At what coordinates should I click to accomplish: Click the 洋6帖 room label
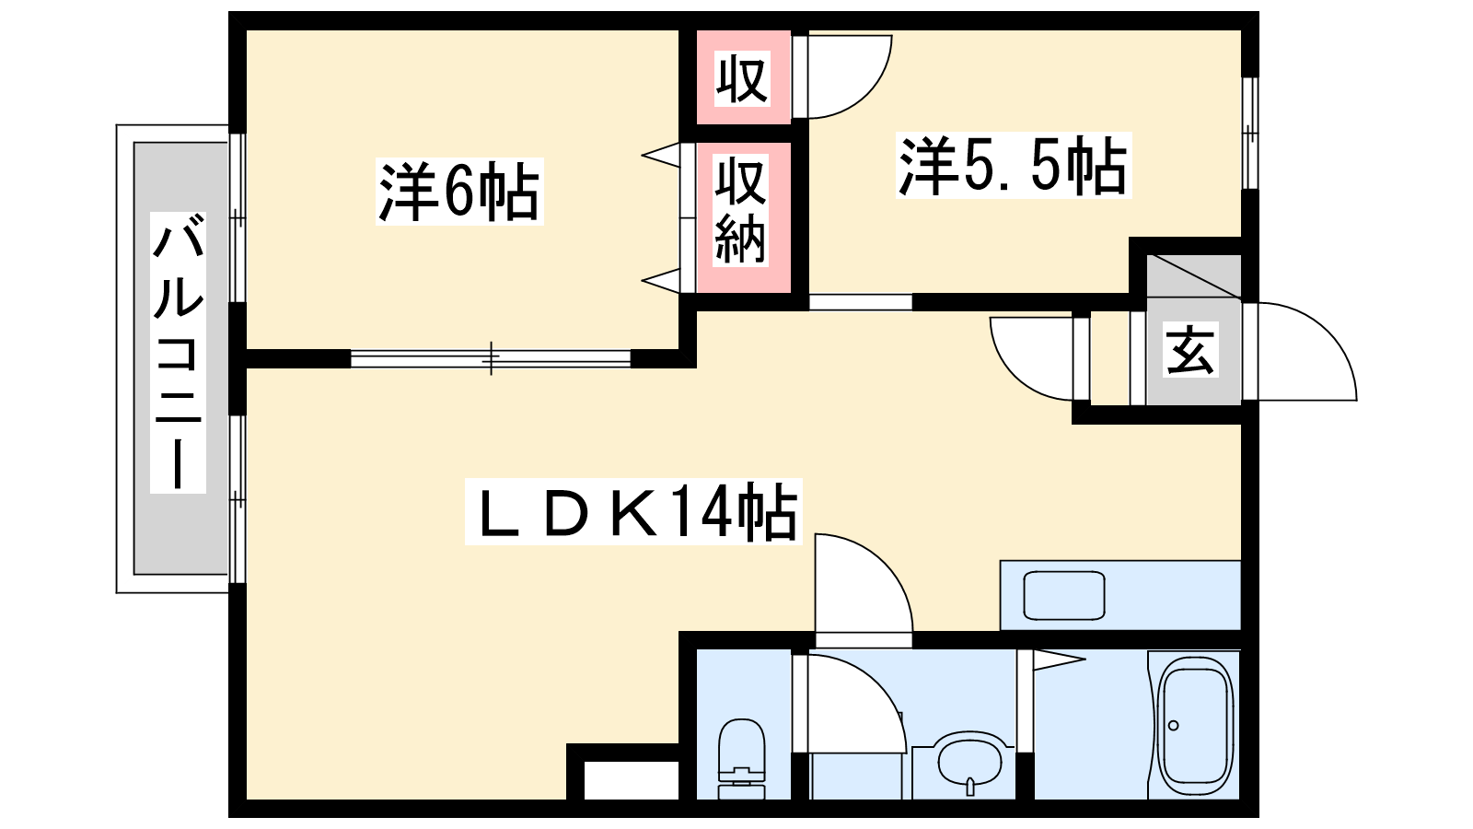click(459, 192)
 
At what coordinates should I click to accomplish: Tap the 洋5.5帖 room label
click(1013, 165)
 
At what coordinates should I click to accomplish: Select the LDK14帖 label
click(633, 511)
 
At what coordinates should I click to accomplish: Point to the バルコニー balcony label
click(178, 353)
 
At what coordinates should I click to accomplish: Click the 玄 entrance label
click(1190, 349)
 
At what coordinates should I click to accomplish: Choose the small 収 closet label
click(742, 79)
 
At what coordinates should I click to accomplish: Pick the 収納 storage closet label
click(741, 210)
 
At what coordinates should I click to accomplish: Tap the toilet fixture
click(742, 759)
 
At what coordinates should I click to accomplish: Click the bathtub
click(1194, 727)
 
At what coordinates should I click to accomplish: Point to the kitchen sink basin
click(1064, 595)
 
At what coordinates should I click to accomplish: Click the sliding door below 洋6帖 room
click(491, 358)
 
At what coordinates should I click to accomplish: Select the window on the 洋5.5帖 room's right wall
click(1249, 134)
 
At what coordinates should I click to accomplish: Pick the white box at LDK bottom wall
click(632, 780)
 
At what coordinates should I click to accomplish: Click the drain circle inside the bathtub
click(1173, 726)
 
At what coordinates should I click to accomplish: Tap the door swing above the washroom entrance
click(864, 583)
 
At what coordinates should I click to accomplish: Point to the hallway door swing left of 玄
click(1032, 359)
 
